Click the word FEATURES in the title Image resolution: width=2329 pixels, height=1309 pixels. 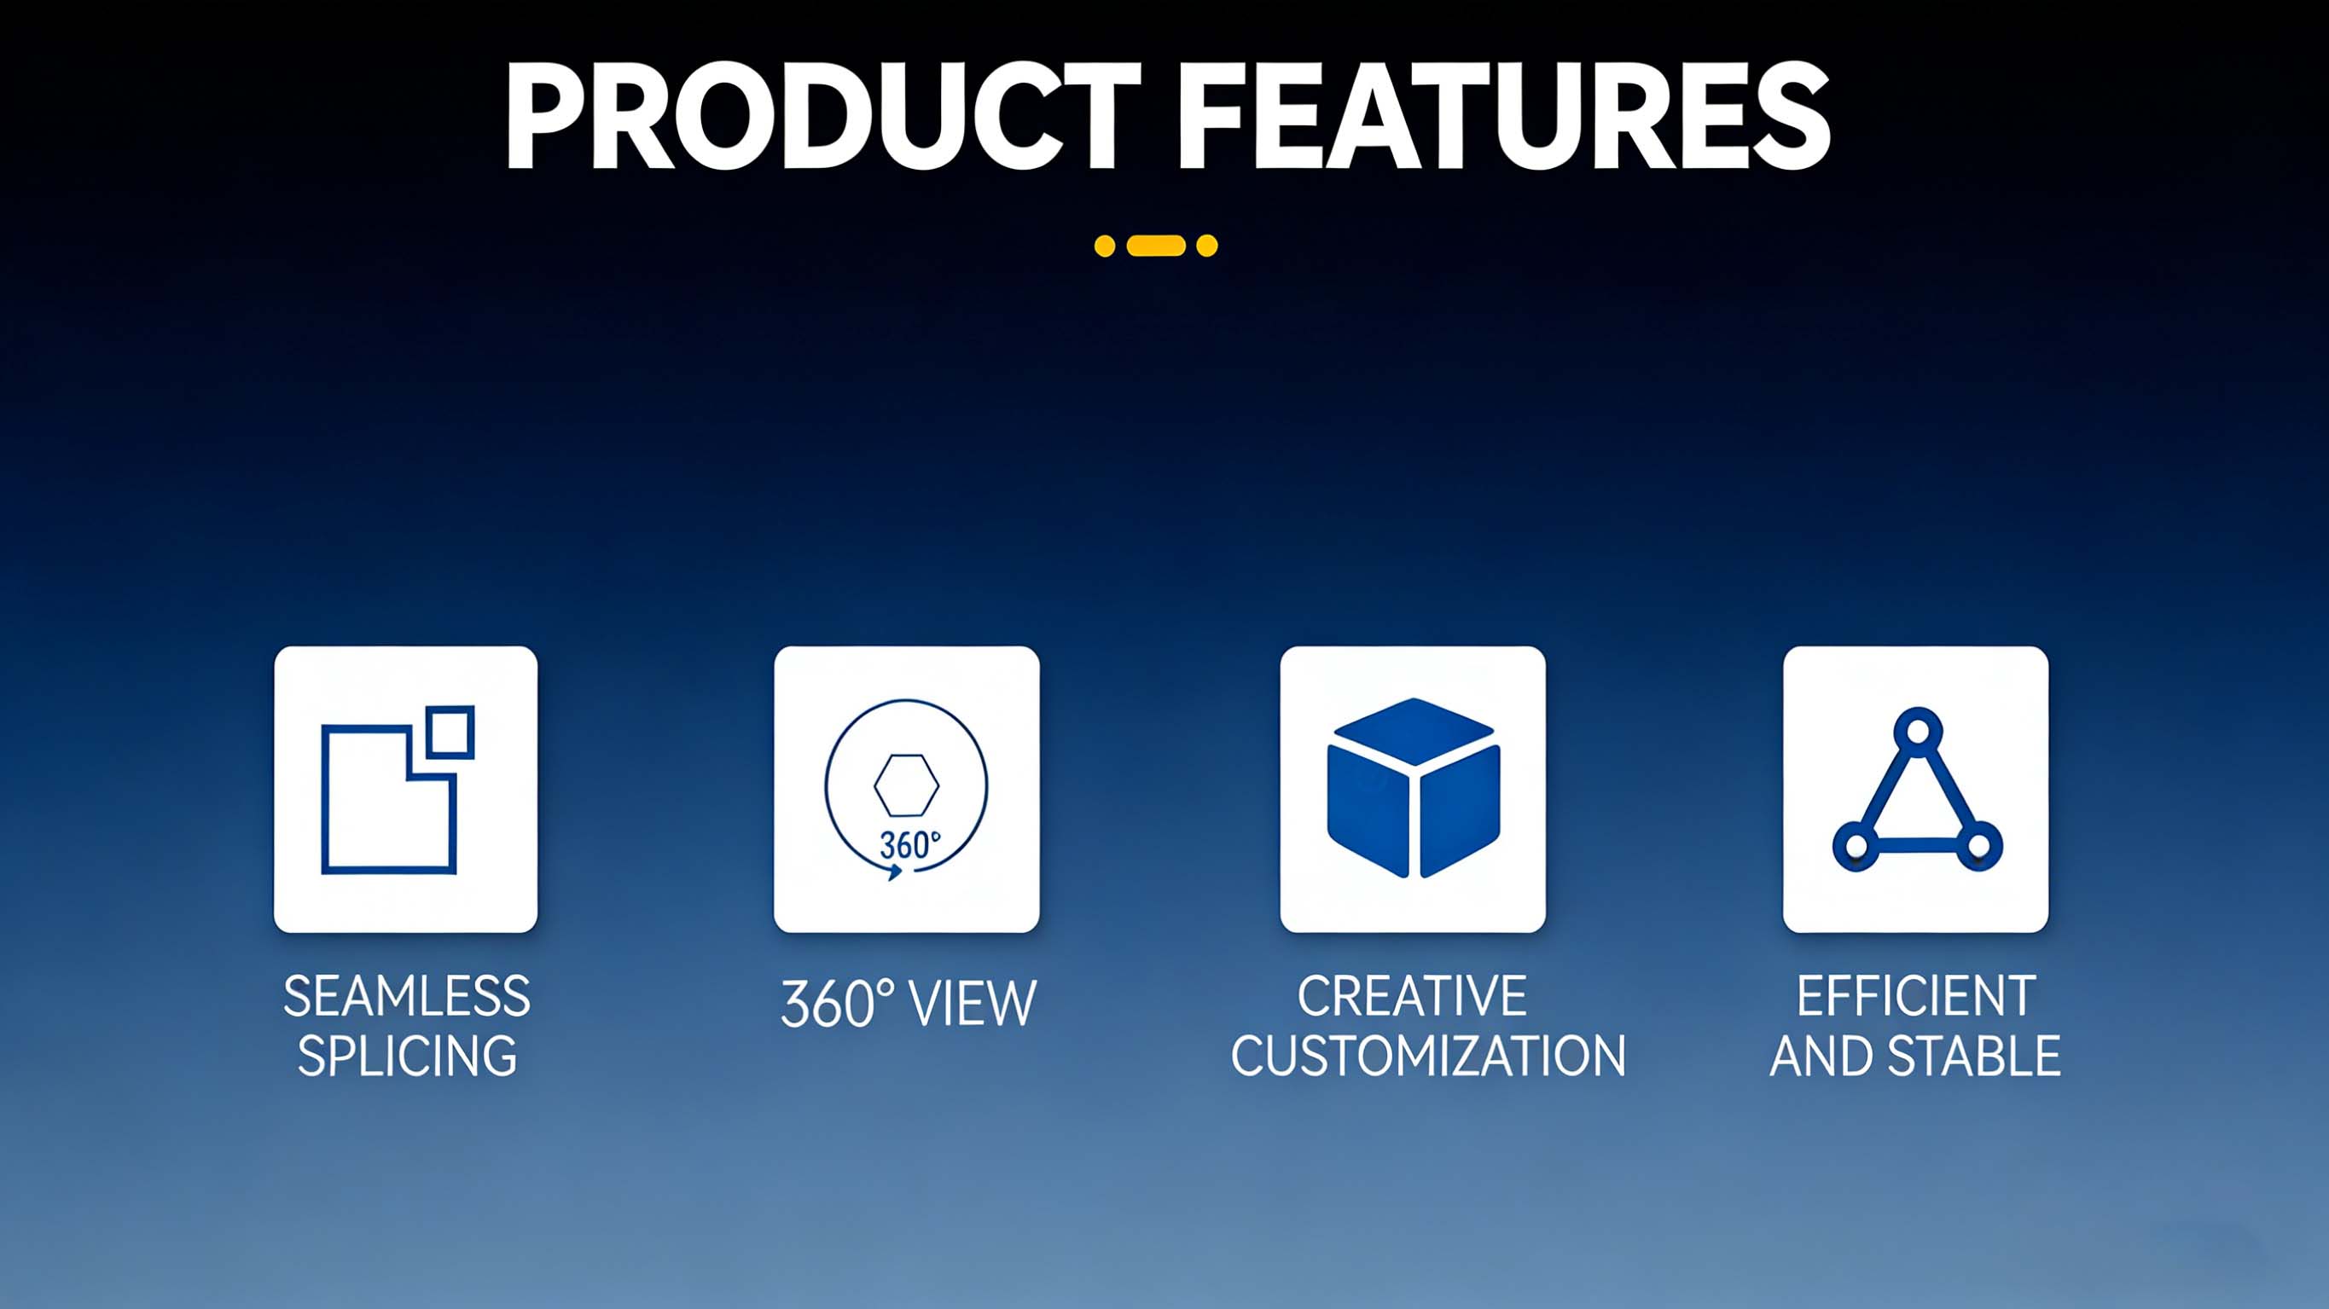coord(1504,116)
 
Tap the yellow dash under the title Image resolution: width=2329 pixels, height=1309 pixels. coord(1156,245)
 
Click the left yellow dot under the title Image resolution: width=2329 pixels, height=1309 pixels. coord(1105,246)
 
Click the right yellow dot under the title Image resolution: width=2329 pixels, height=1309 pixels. coord(1207,246)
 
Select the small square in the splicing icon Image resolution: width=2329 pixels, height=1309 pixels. coord(450,732)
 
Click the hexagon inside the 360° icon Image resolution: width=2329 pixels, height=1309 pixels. coord(906,785)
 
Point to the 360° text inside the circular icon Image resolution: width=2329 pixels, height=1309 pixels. coord(909,845)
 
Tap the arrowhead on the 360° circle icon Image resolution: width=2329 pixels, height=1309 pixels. coord(894,872)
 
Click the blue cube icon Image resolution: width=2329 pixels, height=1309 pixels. coord(1413,787)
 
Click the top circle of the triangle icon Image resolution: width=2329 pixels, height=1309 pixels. coord(1917,728)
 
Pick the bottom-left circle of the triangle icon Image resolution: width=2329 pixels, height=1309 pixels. coord(1856,846)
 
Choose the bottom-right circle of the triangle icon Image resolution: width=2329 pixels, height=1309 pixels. coord(1979,846)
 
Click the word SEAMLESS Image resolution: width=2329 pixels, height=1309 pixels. coord(407,996)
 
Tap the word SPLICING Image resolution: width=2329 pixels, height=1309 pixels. coord(407,1056)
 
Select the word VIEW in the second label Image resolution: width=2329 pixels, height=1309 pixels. coord(972,1004)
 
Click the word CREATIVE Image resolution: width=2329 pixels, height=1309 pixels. coord(1412,996)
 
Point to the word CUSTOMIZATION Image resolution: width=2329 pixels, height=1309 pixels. coord(1428,1056)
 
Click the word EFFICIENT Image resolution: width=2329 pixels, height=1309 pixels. coord(1916,996)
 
